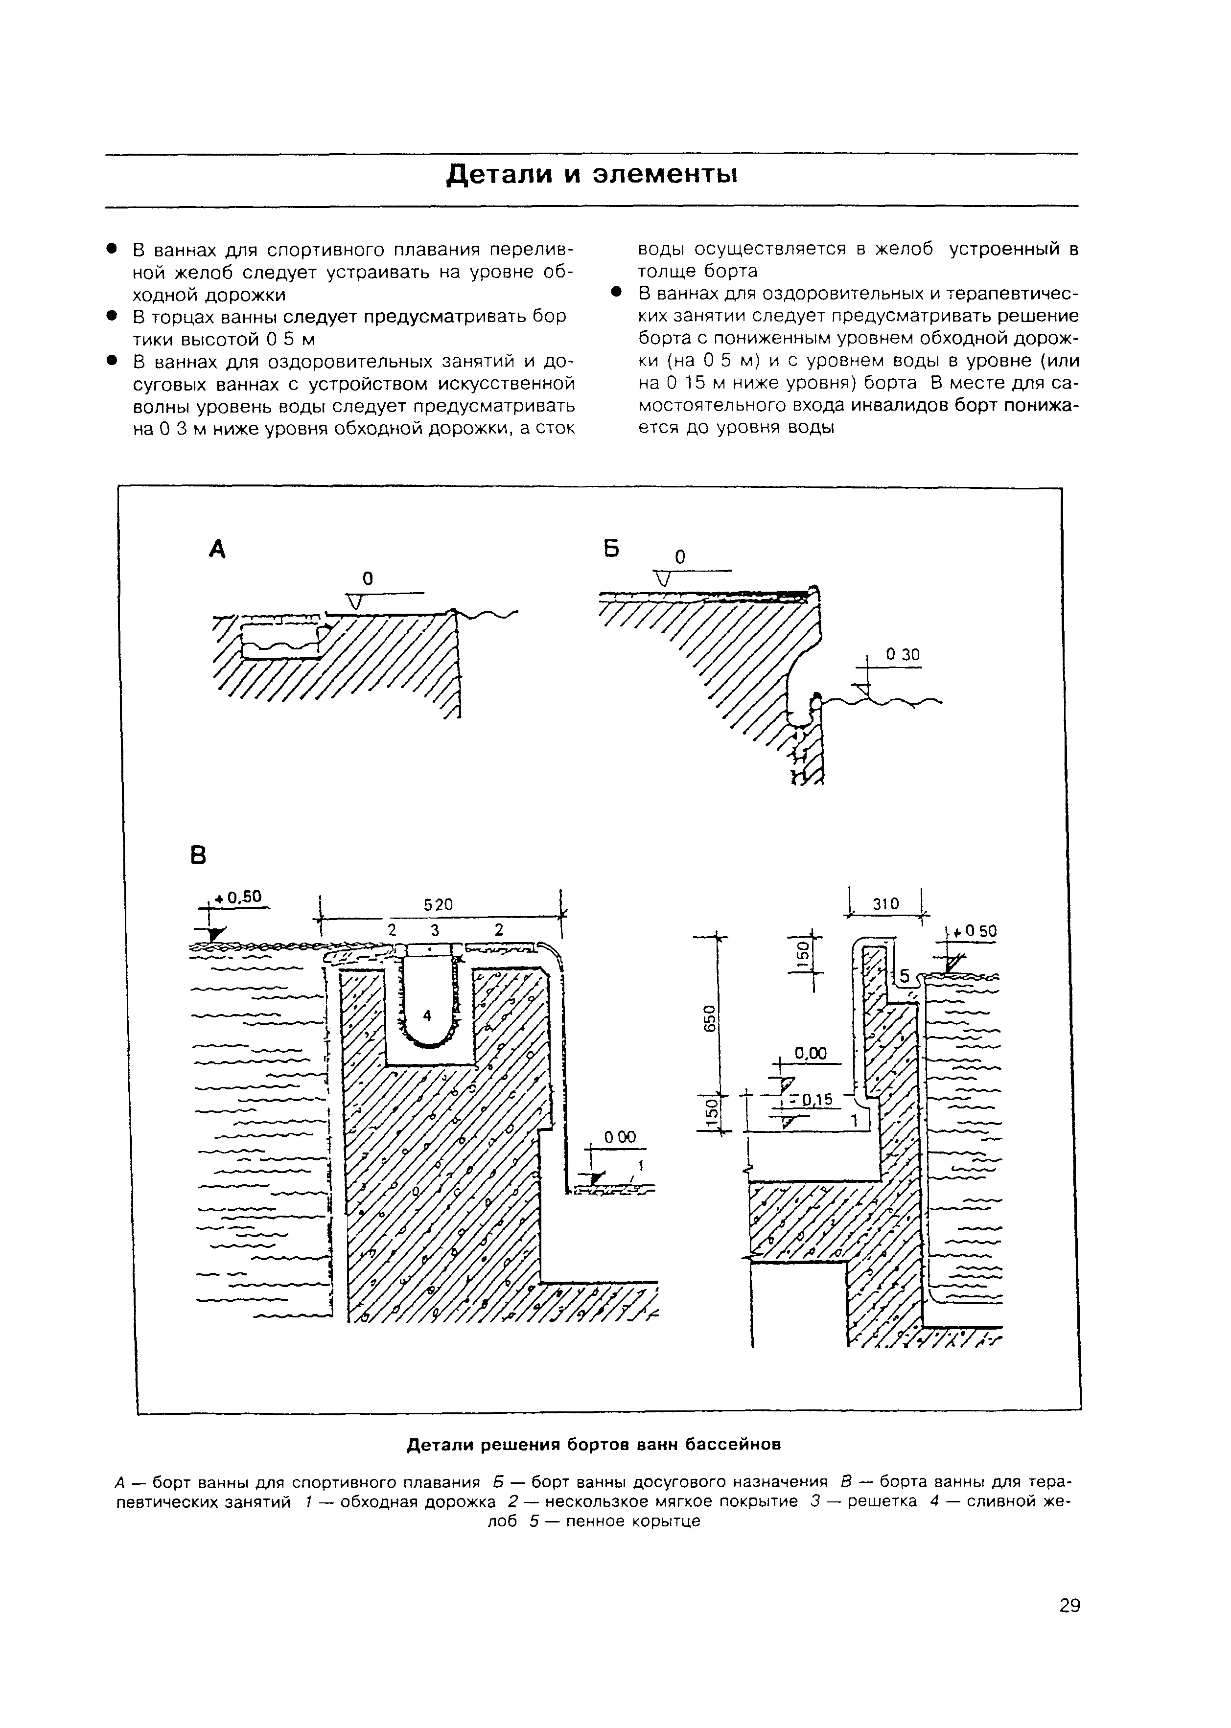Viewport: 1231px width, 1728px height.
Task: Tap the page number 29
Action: click(x=1069, y=1605)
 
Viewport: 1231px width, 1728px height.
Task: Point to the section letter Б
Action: click(x=612, y=548)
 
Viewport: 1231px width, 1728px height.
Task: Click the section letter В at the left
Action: click(x=197, y=855)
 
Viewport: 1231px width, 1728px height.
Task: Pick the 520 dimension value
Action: click(x=438, y=904)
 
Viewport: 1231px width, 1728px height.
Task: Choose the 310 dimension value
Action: click(x=885, y=904)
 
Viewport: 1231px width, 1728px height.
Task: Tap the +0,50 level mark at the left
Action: click(x=237, y=898)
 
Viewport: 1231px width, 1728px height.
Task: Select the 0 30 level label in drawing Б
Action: click(x=903, y=655)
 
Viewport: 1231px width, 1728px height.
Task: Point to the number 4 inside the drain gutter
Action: click(x=427, y=1015)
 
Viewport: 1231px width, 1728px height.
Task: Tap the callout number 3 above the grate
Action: click(x=434, y=930)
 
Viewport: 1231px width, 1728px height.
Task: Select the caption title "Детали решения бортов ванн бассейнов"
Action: click(x=594, y=1445)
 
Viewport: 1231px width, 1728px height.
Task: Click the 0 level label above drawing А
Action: click(x=368, y=579)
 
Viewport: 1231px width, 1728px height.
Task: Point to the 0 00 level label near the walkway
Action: click(x=620, y=1138)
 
